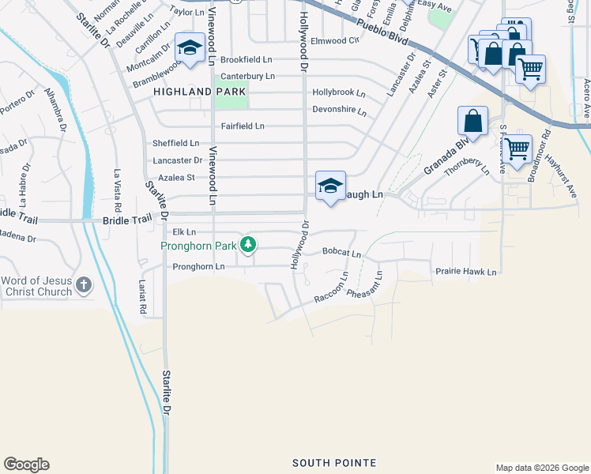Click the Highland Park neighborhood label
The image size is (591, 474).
(x=200, y=92)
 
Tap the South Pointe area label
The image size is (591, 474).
(x=333, y=462)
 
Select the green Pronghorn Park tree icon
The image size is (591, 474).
(x=248, y=245)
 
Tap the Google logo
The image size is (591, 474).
(x=26, y=465)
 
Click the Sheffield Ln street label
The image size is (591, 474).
(x=175, y=143)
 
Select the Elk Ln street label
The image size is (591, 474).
(x=184, y=232)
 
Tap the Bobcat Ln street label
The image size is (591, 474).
(x=341, y=254)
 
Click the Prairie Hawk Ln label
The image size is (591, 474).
(x=465, y=272)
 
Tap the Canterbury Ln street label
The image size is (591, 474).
(x=247, y=76)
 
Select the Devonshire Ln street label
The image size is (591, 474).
(x=339, y=111)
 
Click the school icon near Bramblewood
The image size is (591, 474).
(x=190, y=49)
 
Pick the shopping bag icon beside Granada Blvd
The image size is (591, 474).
(x=472, y=122)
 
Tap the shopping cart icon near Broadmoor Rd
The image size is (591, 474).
(x=518, y=148)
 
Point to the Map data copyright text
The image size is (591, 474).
(x=541, y=468)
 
